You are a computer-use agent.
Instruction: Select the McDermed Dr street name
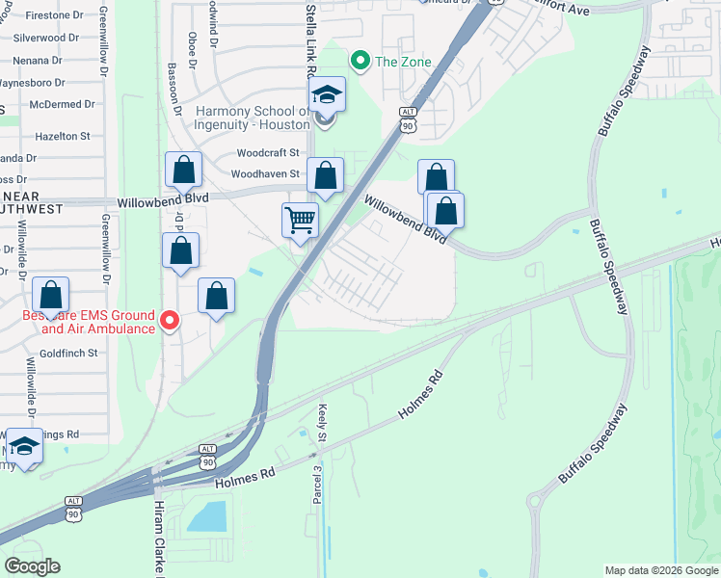62,104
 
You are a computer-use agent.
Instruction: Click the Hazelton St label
62,137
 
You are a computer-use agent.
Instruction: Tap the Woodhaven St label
266,174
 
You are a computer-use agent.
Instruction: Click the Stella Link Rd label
310,39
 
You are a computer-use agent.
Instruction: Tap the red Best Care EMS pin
170,320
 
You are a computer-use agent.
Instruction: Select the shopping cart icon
300,220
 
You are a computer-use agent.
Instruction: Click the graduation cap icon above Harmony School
326,94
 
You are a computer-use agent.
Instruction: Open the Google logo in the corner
32,566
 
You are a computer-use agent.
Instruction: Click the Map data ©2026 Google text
661,570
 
